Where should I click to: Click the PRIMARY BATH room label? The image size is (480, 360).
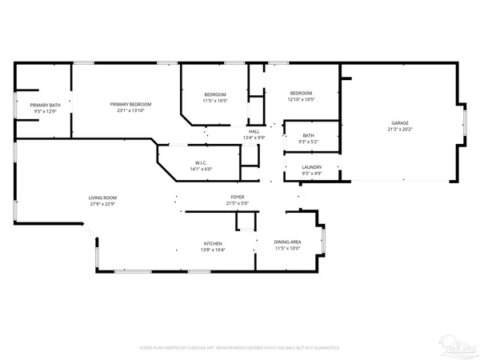pos(45,106)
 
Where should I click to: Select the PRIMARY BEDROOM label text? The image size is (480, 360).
pos(130,105)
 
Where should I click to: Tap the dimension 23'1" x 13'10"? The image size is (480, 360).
pos(130,110)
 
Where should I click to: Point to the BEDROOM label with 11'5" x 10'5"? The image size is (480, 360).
pos(214,94)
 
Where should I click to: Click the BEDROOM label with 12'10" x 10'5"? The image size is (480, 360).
pos(301,94)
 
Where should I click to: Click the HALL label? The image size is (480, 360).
pos(254,131)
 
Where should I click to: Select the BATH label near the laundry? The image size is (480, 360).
pos(308,136)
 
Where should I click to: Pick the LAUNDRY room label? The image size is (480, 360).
pos(311,167)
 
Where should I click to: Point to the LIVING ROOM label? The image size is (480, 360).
pos(102,198)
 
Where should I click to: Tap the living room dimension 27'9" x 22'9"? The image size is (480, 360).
pos(102,203)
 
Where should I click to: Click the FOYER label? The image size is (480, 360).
pos(238,197)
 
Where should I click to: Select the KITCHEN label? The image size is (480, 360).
pos(212,244)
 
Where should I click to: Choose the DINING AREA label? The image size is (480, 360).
pos(287,242)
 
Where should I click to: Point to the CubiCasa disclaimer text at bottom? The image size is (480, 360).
pos(239,348)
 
